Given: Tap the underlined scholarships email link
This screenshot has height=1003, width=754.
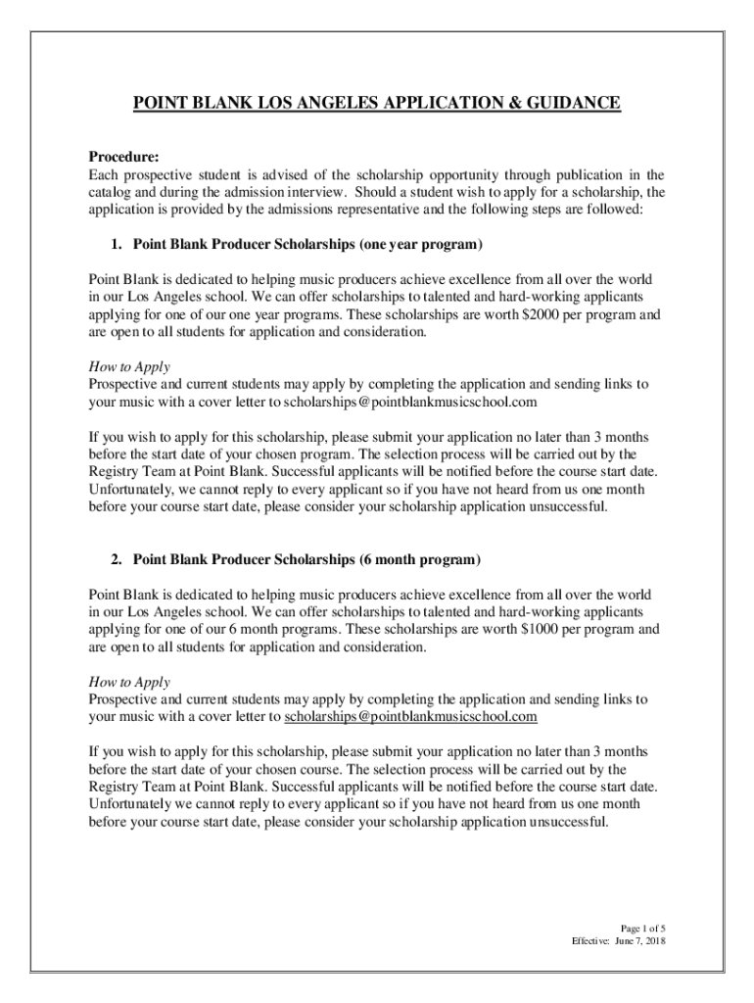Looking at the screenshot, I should coord(411,717).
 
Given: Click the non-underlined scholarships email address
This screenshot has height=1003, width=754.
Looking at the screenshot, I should coord(411,402).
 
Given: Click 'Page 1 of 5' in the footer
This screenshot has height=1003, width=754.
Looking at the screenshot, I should coord(643,928).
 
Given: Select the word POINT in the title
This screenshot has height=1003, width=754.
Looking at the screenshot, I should coord(160,103).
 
